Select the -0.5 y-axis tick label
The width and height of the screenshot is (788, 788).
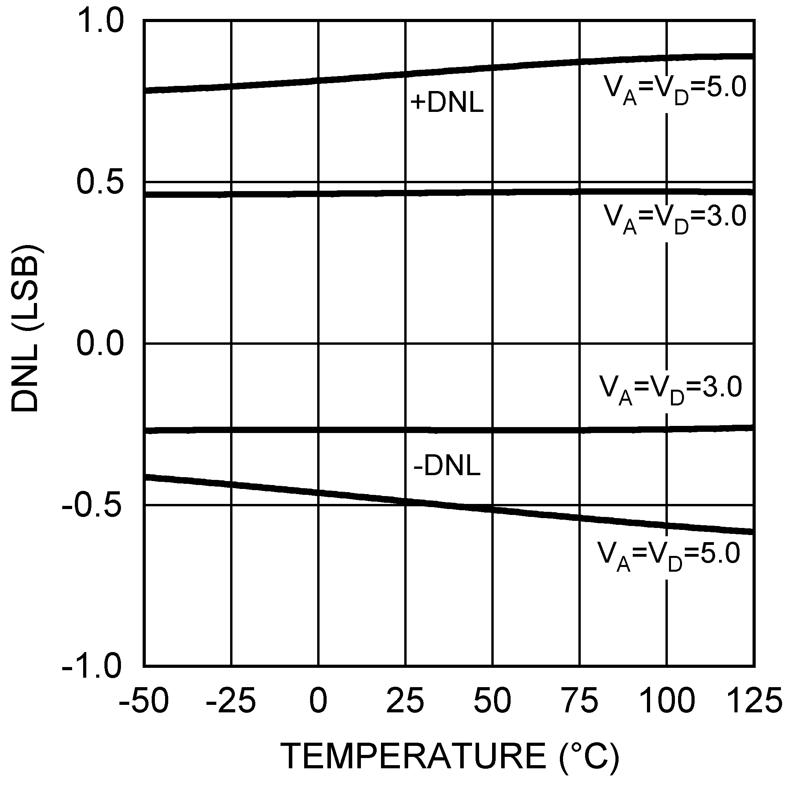(x=92, y=506)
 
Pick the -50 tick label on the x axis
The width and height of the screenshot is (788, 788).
(x=143, y=701)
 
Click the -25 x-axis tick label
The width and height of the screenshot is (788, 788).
(x=231, y=701)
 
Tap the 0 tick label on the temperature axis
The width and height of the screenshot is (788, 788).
(x=318, y=701)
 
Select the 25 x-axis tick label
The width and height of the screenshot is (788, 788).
(x=405, y=701)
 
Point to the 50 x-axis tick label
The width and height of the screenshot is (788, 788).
(x=492, y=701)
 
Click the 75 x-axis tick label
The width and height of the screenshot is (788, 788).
(x=580, y=701)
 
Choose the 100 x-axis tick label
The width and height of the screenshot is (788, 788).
(x=667, y=701)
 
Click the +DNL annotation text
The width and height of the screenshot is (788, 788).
(x=447, y=103)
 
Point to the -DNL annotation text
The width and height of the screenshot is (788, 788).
(x=447, y=466)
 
